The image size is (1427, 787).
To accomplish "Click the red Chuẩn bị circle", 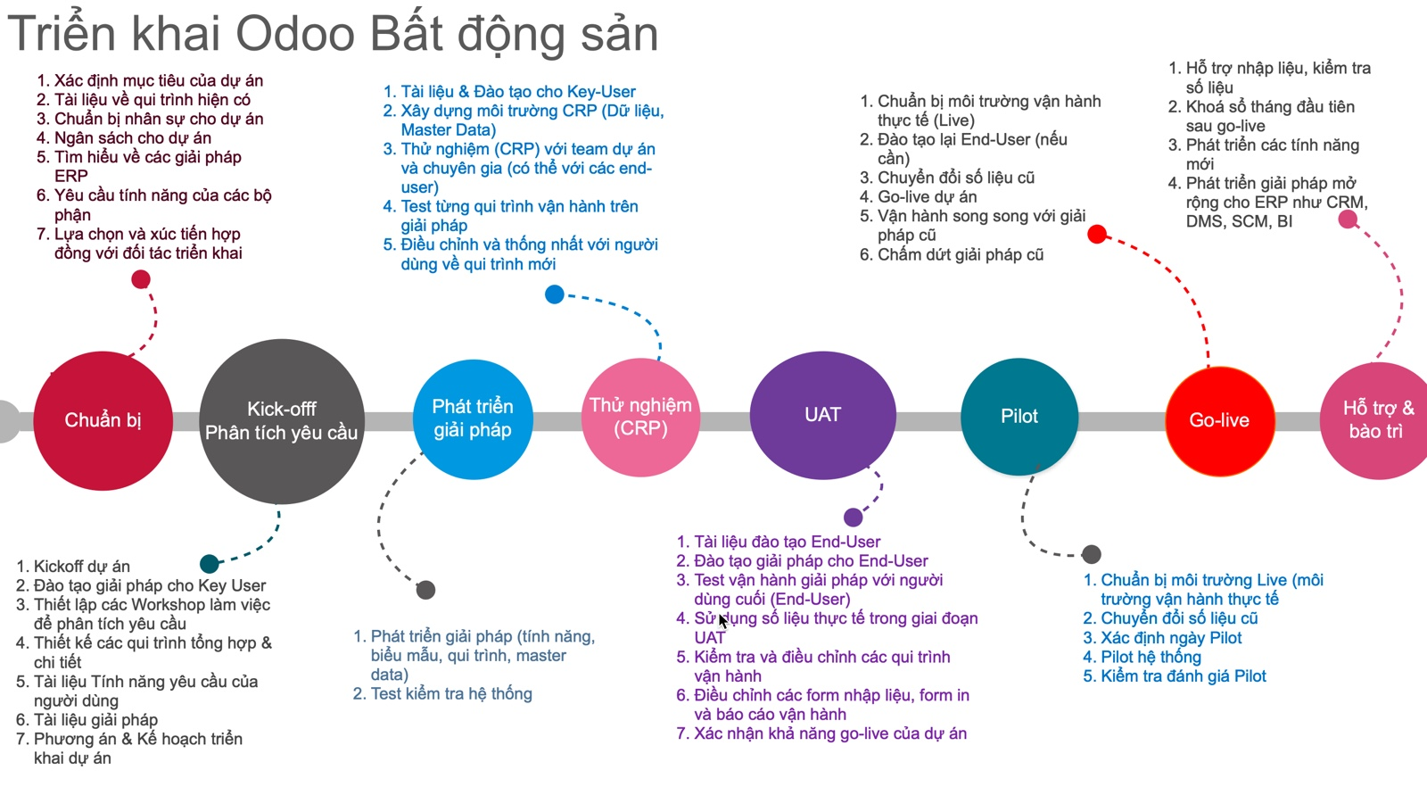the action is (x=103, y=420).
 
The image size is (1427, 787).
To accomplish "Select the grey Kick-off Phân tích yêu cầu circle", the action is (x=282, y=421).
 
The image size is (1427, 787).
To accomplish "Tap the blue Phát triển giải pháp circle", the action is (x=473, y=418).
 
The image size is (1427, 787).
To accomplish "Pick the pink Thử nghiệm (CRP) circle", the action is (x=641, y=417).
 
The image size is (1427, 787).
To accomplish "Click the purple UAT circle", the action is (x=822, y=415).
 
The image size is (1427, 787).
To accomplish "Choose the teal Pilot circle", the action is (x=1019, y=416).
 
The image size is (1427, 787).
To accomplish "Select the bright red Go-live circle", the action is (x=1220, y=420).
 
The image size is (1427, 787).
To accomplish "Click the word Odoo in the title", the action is (x=295, y=35).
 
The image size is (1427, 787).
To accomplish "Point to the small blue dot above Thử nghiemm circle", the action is (x=554, y=294).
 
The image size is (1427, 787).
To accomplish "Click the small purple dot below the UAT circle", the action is (x=853, y=517).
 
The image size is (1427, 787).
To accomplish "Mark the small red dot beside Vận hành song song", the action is (x=1096, y=234).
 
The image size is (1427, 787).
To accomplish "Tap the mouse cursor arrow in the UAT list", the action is (x=723, y=621).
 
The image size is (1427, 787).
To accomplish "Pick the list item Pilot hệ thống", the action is (x=1142, y=657).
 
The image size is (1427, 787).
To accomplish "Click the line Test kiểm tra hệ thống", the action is (x=442, y=693).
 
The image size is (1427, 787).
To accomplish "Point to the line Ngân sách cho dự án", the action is (x=124, y=137).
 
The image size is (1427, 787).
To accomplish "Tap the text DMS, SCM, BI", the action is (x=1239, y=221).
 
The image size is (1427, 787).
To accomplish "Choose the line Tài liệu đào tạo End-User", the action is (x=779, y=542).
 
